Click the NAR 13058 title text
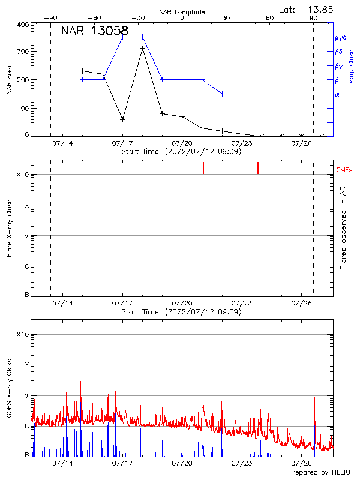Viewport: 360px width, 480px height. (94, 31)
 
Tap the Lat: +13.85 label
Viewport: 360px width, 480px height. (307, 9)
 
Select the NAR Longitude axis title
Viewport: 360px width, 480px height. (182, 12)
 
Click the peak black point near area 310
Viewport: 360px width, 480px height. (142, 49)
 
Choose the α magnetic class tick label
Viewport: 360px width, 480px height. (337, 94)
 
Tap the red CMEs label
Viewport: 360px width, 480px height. (344, 170)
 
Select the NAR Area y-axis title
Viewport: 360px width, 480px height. (9, 80)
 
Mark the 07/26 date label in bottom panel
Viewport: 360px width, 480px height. (301, 463)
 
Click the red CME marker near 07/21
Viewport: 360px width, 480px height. (203, 168)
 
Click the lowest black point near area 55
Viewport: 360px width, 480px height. (122, 119)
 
